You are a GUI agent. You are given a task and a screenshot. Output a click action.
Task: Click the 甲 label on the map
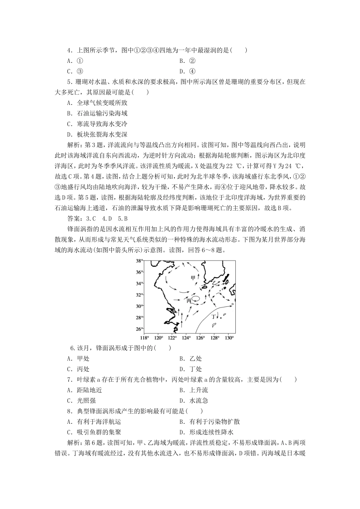pos(193,278)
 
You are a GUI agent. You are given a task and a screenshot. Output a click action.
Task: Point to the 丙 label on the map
pos(189,300)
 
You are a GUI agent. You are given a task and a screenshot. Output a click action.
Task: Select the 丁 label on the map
pos(214,316)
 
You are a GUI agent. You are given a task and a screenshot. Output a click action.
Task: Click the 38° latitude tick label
pos(139,261)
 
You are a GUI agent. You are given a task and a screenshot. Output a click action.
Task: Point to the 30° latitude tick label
pos(139,306)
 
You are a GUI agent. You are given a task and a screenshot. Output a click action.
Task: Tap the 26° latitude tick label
pos(139,329)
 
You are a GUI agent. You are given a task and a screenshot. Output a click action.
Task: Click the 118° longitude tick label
pos(144,337)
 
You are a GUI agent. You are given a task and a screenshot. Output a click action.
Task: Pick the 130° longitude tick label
pos(229,337)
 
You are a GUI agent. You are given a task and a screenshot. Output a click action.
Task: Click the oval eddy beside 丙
pos(196,298)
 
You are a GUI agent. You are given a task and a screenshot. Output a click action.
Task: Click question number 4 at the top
pos(69,50)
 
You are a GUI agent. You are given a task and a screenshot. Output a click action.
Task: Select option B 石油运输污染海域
pos(97,113)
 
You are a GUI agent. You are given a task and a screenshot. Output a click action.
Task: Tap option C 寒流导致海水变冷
pos(97,124)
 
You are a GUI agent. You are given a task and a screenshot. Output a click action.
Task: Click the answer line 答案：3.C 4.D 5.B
pos(97,218)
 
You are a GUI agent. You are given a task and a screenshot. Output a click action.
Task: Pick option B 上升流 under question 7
pos(194,390)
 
